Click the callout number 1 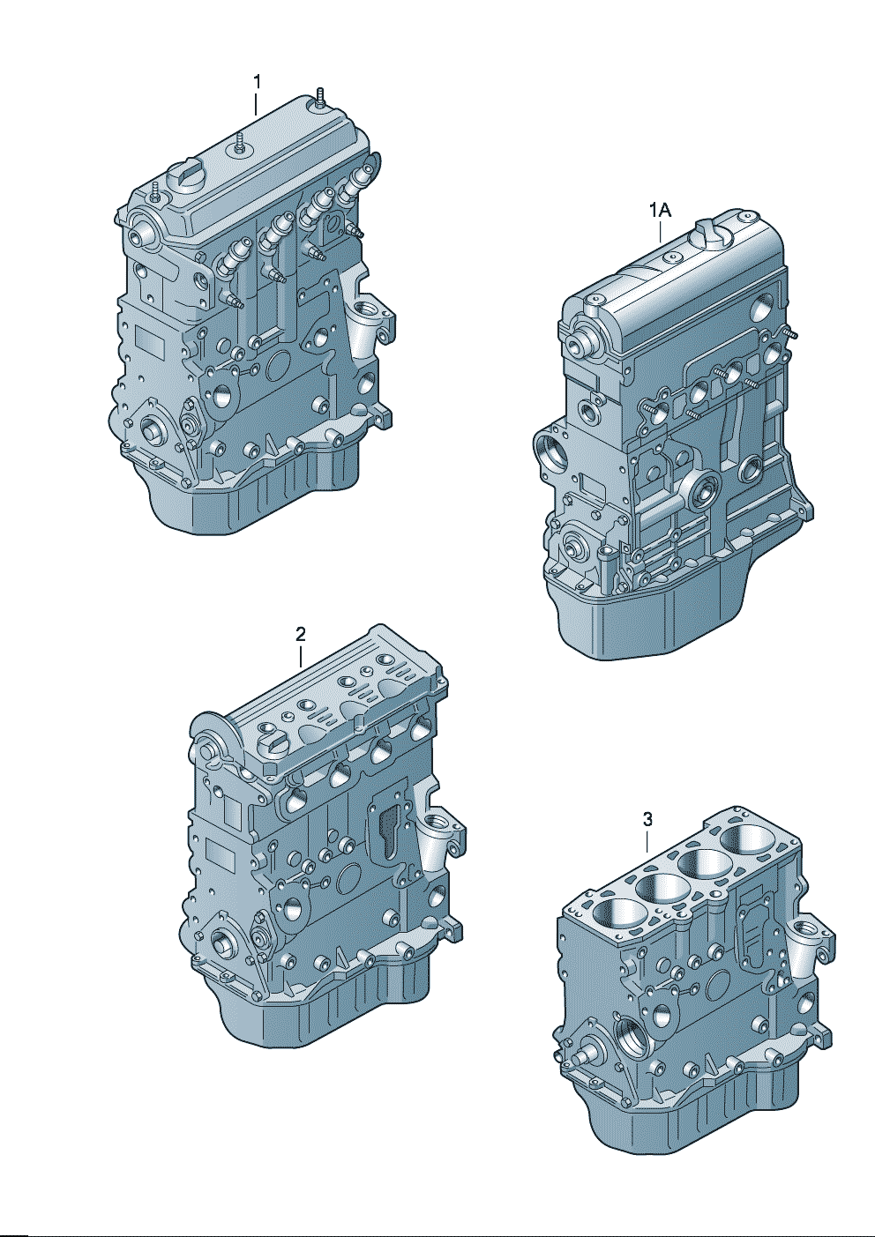[x=257, y=82]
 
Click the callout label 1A [x=660, y=211]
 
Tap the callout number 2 [x=301, y=634]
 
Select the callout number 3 [x=647, y=819]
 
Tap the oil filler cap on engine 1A [x=709, y=231]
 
